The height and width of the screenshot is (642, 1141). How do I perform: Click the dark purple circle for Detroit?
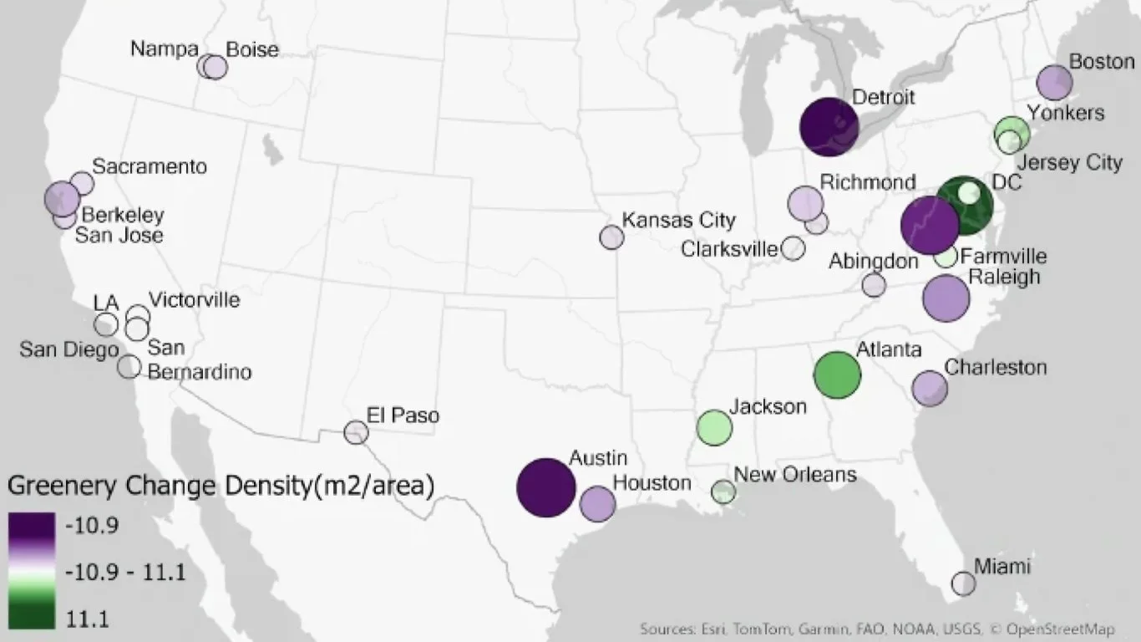[829, 127]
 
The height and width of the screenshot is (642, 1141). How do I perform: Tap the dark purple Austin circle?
[545, 487]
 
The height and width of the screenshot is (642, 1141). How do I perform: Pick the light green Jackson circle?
[714, 427]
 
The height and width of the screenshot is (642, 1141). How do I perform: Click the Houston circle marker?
[597, 503]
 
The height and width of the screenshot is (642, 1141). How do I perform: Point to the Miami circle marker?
[963, 583]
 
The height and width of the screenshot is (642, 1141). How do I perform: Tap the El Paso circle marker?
[357, 432]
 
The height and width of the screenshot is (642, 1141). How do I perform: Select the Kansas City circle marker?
[611, 237]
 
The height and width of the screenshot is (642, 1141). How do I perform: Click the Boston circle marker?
[1054, 82]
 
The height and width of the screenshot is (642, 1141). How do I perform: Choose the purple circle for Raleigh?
[946, 298]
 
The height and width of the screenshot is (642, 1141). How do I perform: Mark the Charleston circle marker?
[930, 388]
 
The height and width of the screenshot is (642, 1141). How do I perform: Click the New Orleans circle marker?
[723, 492]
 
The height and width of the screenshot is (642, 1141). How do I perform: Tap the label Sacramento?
[150, 166]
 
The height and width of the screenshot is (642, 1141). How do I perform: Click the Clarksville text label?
[730, 249]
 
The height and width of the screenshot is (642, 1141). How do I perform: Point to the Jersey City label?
[1072, 162]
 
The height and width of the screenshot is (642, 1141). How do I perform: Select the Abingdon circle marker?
[874, 285]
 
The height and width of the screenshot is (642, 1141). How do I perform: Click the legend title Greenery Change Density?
[221, 486]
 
